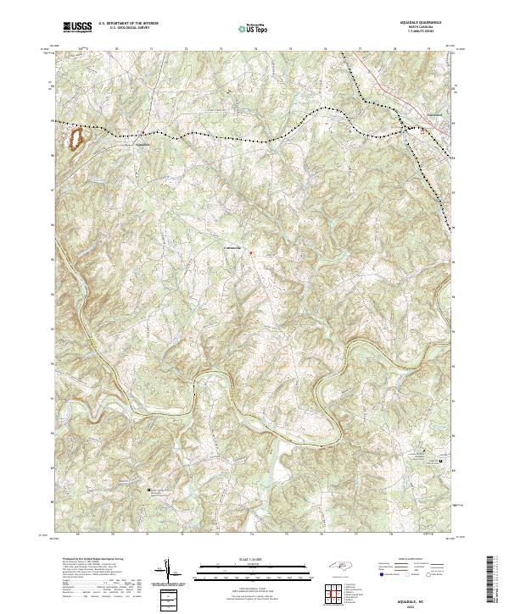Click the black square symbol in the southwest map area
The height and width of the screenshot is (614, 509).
(149, 489)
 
